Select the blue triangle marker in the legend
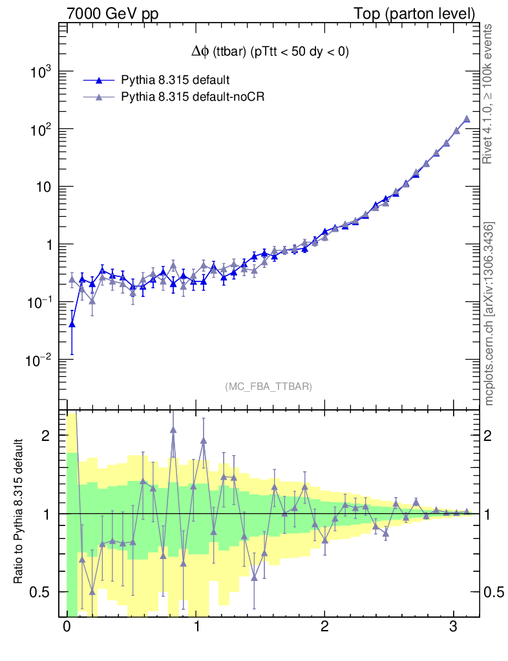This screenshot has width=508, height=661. coord(99,81)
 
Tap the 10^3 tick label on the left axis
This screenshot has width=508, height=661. coord(40,72)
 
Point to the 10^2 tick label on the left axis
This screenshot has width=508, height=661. coord(40,130)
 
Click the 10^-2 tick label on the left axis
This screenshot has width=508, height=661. coord(38,360)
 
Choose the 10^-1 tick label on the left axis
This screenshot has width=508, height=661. coord(38,303)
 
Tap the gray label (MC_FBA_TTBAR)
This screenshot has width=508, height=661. coord(269,387)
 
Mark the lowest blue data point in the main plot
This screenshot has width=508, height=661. coord(72,324)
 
